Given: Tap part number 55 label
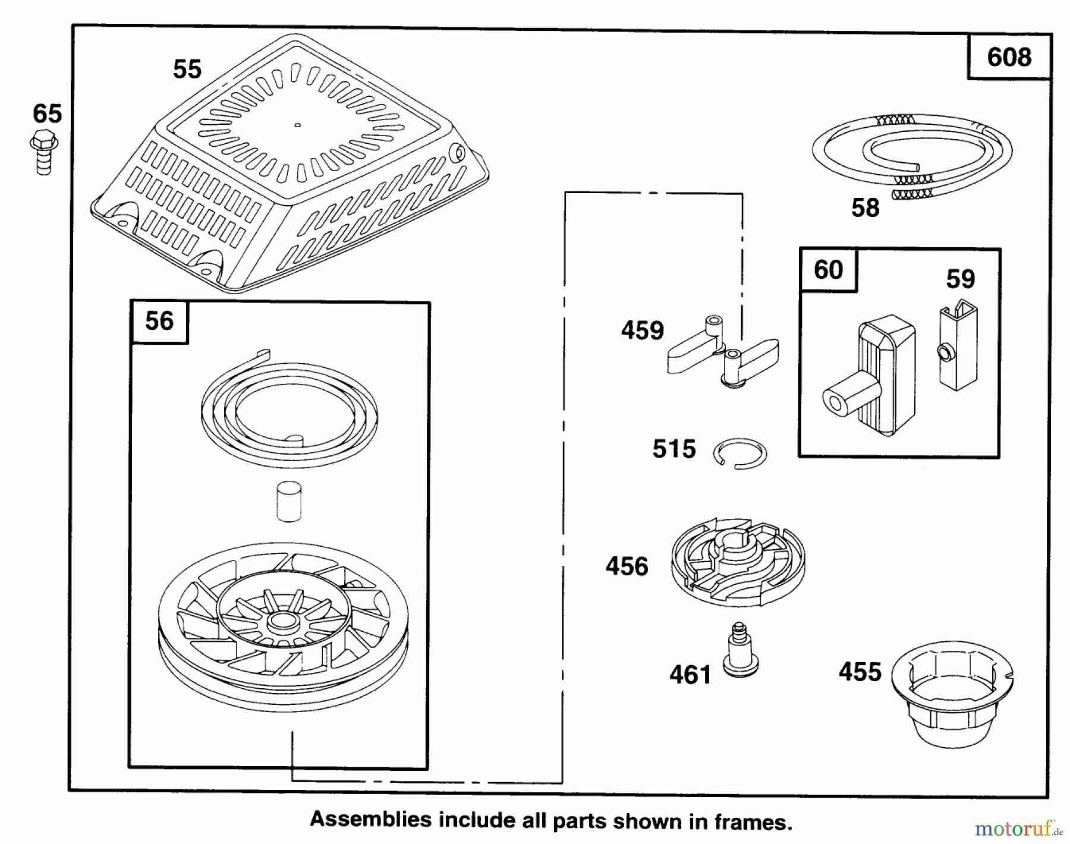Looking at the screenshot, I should click(187, 70).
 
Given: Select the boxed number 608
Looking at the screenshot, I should click(1009, 57).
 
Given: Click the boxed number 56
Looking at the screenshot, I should click(159, 322).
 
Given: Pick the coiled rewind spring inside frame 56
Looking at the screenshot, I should click(288, 408).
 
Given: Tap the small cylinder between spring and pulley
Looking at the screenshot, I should click(289, 501).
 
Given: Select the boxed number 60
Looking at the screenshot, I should click(828, 270).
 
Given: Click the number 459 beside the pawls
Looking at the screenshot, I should click(642, 331).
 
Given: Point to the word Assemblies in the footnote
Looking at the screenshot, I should click(370, 820).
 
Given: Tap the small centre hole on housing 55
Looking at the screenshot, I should click(298, 125).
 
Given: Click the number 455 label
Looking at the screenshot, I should click(860, 672).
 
